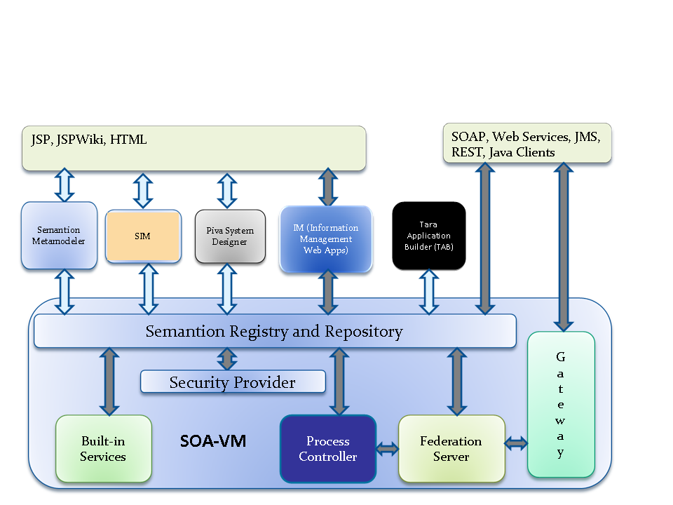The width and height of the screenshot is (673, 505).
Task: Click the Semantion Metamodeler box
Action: coord(59,236)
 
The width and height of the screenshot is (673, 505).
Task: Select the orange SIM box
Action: coord(143,236)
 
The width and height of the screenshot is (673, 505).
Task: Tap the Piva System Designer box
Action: coord(230,236)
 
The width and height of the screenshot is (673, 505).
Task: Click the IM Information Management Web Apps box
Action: coord(326,238)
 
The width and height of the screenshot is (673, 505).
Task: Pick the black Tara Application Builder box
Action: coord(429,236)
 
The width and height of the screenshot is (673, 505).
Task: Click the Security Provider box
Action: coord(233,382)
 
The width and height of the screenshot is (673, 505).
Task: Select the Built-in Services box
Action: coord(104,448)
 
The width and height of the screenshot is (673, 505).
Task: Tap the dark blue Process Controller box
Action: coord(328,449)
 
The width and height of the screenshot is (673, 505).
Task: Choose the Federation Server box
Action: coord(451,449)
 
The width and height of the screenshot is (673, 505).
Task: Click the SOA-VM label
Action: coord(213,441)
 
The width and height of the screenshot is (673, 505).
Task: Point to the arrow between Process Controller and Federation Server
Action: coord(388,449)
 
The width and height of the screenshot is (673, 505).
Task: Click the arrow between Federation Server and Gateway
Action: coord(516,443)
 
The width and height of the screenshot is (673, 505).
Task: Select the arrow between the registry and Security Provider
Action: coord(227,359)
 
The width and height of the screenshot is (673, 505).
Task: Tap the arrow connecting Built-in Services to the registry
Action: coord(109,382)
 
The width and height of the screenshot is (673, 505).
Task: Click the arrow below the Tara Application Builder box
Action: coord(429,292)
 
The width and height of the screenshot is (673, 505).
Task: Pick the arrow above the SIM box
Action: coord(143,191)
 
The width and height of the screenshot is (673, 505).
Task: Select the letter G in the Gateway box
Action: coord(561,357)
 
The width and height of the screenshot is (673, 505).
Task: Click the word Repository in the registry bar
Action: coord(364,332)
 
